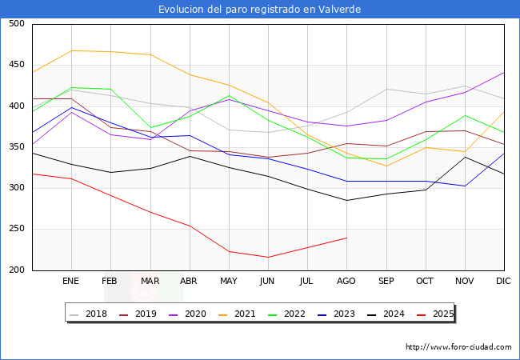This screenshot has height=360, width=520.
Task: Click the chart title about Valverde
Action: point(260,10)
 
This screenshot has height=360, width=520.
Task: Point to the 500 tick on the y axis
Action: point(17,24)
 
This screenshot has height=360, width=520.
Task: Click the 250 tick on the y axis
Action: point(17,229)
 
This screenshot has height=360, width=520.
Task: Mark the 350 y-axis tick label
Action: point(17,147)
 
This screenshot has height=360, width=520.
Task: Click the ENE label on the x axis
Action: point(71,282)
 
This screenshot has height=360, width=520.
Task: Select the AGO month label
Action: point(346,282)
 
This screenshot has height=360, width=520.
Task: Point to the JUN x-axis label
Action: point(268,282)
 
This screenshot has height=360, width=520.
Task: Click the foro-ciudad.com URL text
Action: point(458,347)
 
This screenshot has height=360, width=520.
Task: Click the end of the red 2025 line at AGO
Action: point(346,238)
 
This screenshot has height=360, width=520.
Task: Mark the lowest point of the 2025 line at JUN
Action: point(268,257)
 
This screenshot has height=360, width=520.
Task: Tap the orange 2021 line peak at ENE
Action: point(71,51)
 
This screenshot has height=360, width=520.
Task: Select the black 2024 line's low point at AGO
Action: point(346,200)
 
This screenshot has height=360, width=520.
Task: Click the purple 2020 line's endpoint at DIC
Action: point(504,73)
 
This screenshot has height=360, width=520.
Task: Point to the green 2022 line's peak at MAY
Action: point(229,96)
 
